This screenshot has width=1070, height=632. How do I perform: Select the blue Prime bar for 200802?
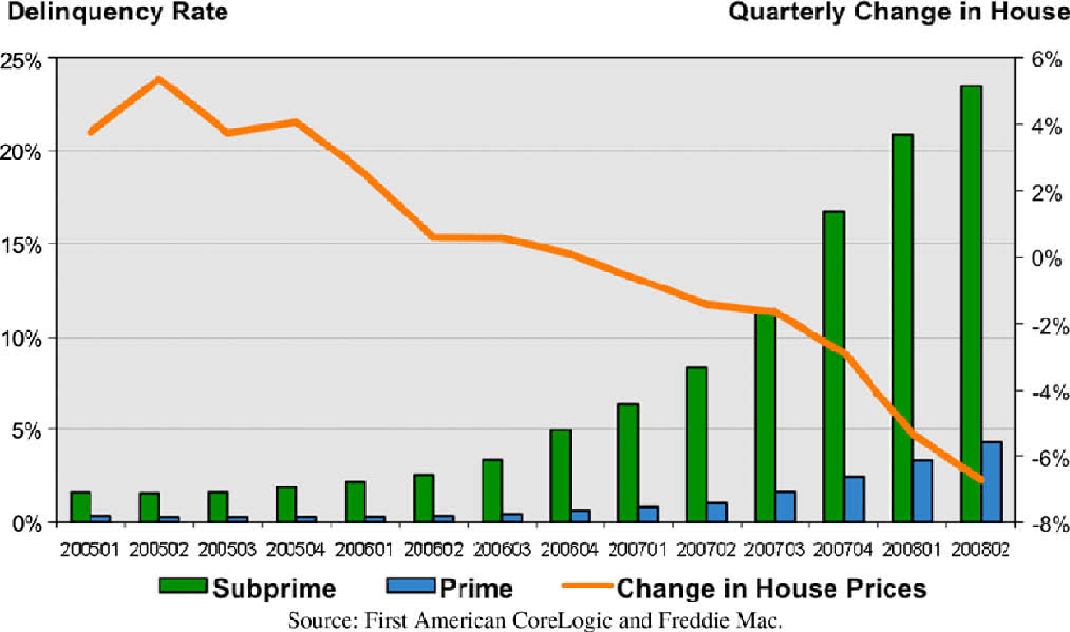tap(991, 481)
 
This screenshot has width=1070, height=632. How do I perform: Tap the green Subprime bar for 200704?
tap(833, 366)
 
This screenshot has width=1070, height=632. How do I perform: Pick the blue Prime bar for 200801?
tap(923, 490)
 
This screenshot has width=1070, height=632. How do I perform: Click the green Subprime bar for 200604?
tap(560, 476)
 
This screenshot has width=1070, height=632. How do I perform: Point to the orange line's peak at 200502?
tap(159, 79)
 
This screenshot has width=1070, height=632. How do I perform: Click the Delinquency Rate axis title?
tap(114, 12)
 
